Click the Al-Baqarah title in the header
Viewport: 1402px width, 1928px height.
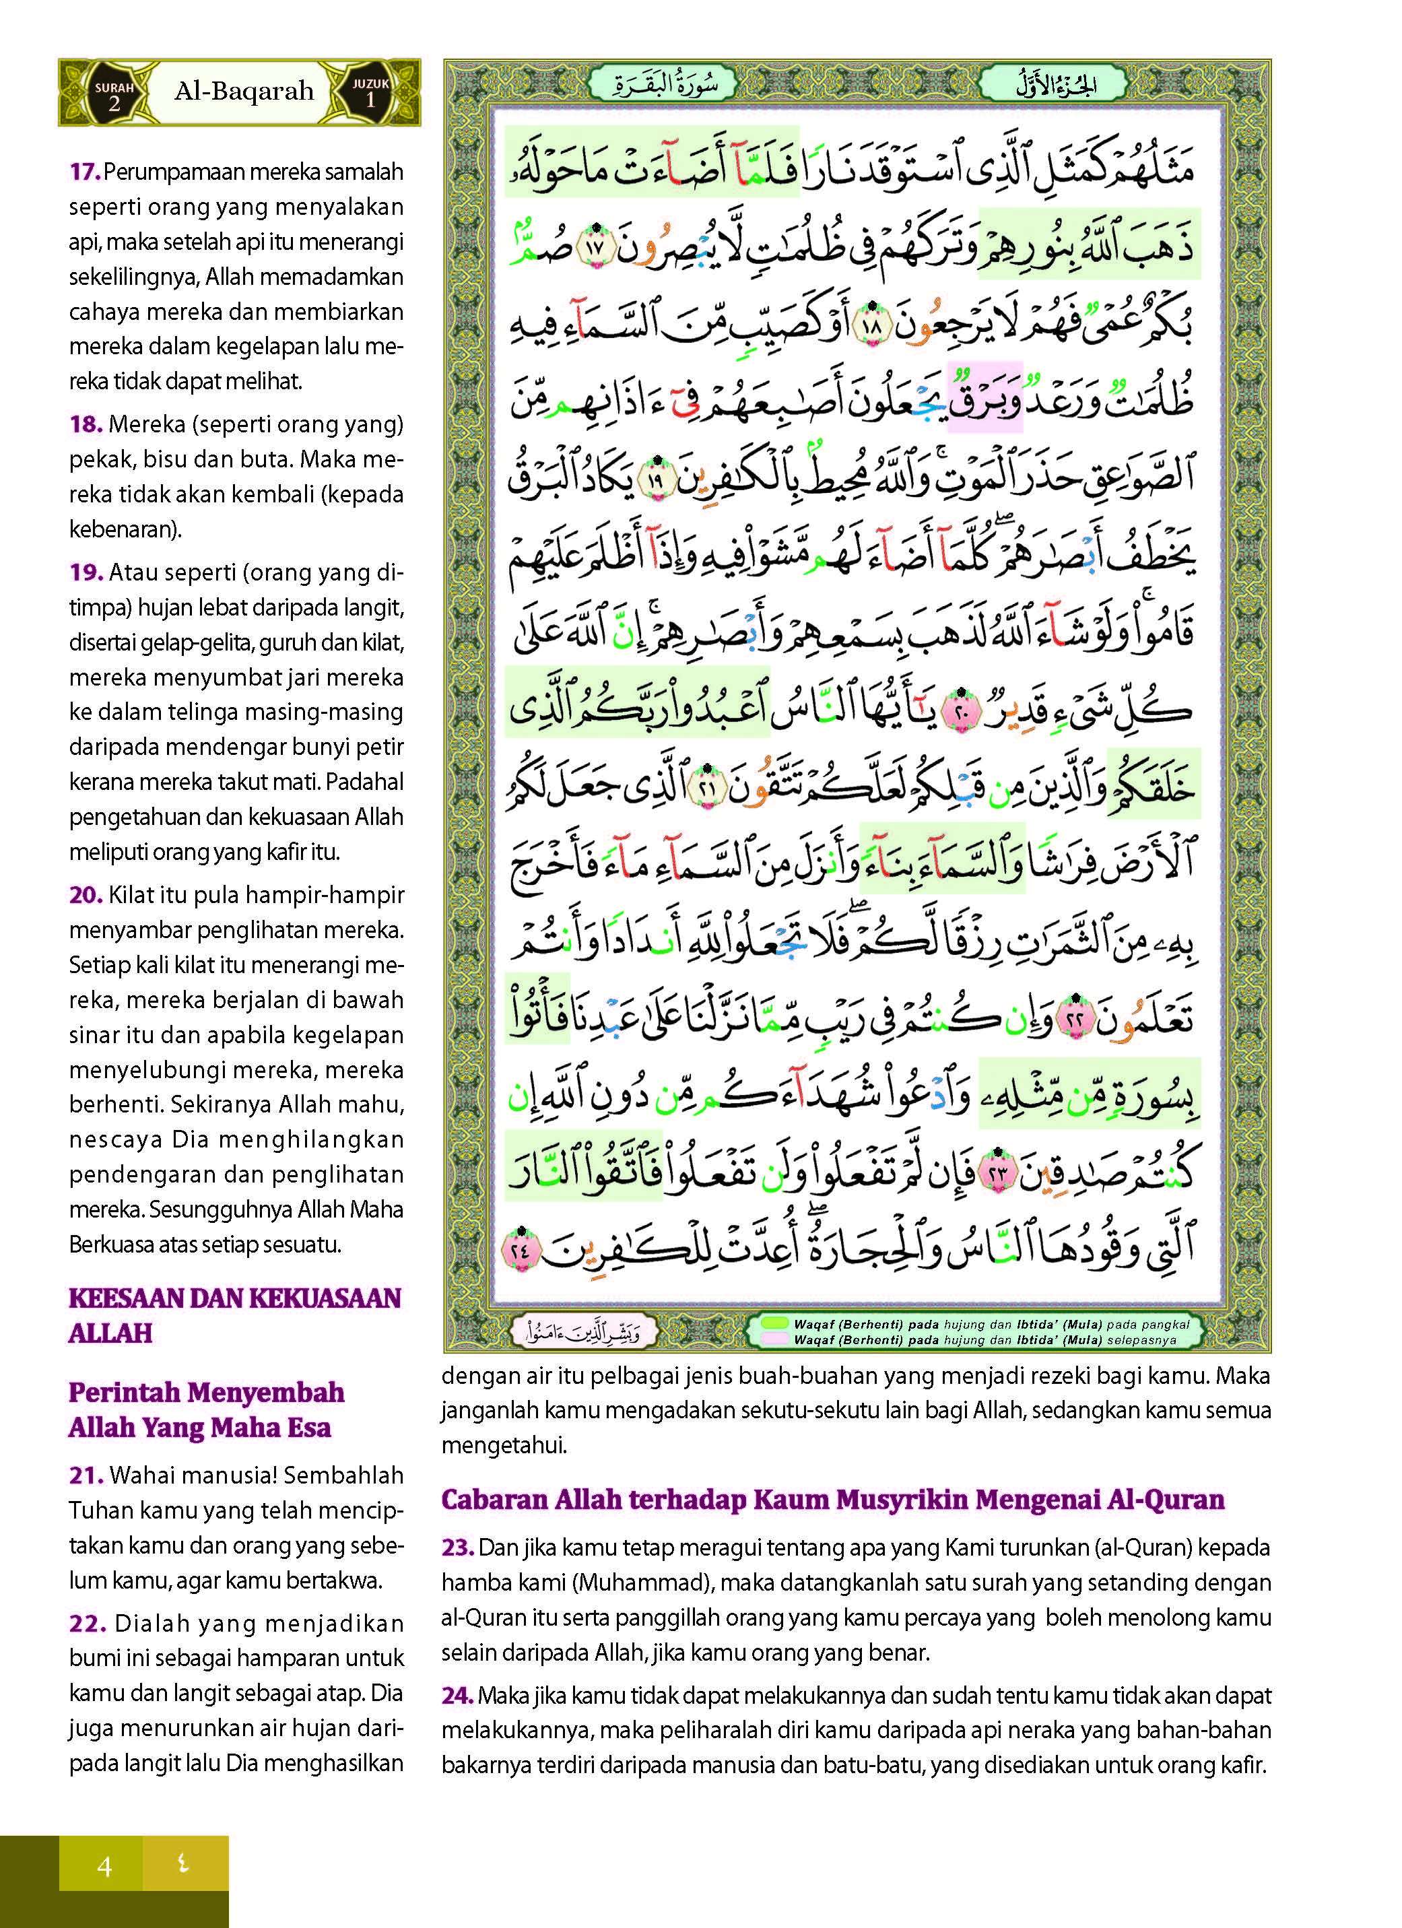pyautogui.click(x=244, y=92)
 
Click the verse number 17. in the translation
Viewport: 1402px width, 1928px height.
pyautogui.click(x=85, y=172)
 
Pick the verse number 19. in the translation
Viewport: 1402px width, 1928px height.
pyautogui.click(x=86, y=572)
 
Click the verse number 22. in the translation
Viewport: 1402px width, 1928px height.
pyautogui.click(x=86, y=1623)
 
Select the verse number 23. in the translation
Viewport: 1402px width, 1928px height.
pyautogui.click(x=457, y=1547)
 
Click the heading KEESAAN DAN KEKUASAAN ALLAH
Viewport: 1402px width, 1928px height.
pyautogui.click(x=234, y=1315)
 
